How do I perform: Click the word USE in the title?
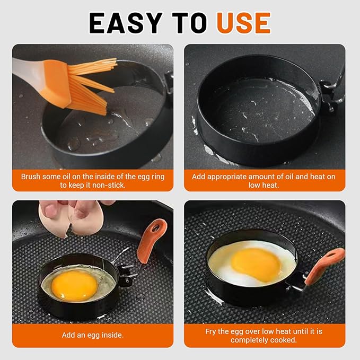[243, 23]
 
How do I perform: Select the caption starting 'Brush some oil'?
[93, 180]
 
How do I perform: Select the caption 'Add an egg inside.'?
[93, 335]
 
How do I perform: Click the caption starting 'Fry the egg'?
[264, 335]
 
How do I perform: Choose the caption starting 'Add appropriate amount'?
[264, 180]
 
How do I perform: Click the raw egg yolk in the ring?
[74, 285]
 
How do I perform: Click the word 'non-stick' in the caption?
[108, 185]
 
